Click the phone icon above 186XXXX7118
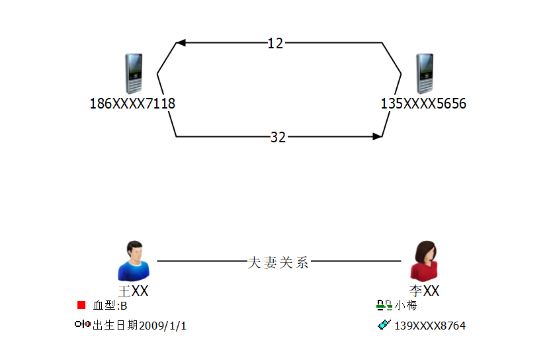[134, 73]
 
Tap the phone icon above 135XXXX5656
[425, 73]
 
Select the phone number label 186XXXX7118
[132, 104]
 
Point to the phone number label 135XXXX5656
[423, 104]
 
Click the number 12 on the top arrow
[275, 43]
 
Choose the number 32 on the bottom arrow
[278, 137]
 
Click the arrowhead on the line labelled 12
[181, 43]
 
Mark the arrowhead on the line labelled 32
[377, 137]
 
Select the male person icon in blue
[134, 261]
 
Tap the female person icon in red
[424, 261]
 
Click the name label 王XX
[133, 291]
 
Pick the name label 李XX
[424, 291]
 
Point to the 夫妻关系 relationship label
[278, 262]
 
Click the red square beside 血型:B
[81, 305]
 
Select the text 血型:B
[110, 306]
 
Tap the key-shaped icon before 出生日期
[83, 324]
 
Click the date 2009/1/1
[162, 326]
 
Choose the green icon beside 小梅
[384, 305]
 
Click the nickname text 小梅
[406, 305]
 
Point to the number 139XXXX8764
[430, 326]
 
